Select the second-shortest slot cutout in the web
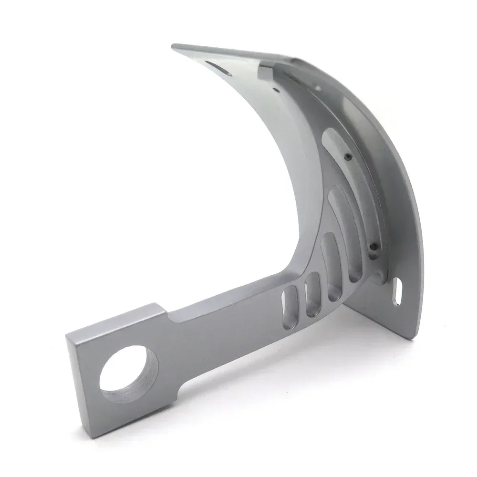[x=313, y=295]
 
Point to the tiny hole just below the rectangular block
[x=276, y=89]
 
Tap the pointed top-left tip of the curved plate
[x=173, y=46]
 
